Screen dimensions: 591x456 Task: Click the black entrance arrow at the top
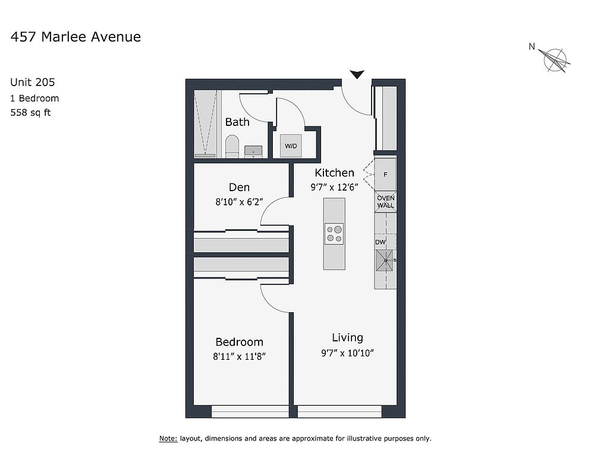(357, 74)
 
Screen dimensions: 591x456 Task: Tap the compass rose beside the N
(555, 60)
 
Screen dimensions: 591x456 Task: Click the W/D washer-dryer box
(291, 145)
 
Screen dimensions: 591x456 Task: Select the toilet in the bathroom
(232, 147)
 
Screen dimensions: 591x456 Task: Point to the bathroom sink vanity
(253, 152)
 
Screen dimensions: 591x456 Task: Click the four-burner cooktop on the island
(334, 234)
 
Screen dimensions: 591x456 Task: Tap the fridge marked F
(385, 175)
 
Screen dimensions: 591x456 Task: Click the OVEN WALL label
(386, 201)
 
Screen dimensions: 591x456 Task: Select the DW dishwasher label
(381, 242)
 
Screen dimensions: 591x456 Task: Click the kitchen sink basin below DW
(385, 260)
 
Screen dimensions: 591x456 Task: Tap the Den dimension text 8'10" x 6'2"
(239, 202)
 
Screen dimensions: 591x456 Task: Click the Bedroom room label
(240, 342)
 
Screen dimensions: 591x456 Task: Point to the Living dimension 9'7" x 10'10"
(347, 353)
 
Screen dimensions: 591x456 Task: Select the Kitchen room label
(334, 173)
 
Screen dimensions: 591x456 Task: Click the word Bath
(237, 122)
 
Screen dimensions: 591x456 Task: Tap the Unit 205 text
(33, 82)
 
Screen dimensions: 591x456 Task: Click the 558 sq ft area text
(30, 112)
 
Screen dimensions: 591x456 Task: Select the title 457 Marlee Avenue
(76, 37)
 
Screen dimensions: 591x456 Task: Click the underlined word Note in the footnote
(168, 438)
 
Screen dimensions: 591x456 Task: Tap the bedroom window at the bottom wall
(250, 411)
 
